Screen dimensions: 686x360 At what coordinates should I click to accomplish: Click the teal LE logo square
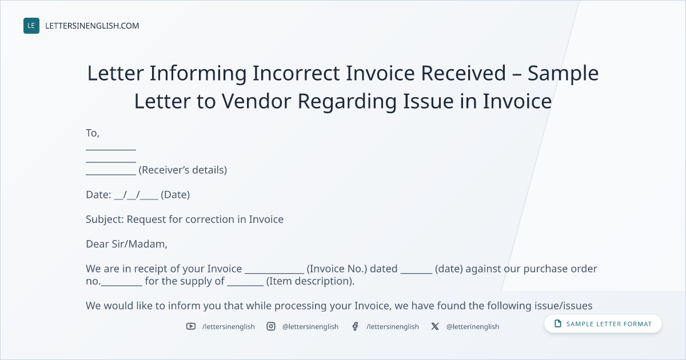point(31,26)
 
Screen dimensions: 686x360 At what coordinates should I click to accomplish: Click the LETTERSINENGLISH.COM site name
point(92,26)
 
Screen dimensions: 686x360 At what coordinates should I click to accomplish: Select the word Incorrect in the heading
point(296,73)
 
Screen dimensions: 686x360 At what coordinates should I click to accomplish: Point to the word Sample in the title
point(563,74)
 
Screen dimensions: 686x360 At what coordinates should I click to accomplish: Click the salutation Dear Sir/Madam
point(126,244)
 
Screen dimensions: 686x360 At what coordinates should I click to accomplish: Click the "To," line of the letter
point(93,133)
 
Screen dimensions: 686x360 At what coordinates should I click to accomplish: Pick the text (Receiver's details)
point(183,170)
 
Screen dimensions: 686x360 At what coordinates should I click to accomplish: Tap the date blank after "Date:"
point(136,195)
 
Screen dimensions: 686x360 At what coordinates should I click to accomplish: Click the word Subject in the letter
point(105,220)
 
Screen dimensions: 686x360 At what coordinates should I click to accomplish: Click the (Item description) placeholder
point(310,281)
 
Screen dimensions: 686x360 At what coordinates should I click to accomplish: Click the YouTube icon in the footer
point(191,326)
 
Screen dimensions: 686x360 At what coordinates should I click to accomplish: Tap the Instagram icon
point(271,326)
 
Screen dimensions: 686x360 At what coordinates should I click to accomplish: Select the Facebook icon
point(355,326)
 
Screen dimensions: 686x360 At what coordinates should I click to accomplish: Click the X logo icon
point(435,326)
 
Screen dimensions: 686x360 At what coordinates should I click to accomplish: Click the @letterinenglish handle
point(473,327)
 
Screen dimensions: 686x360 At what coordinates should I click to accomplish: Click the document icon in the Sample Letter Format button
point(558,323)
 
